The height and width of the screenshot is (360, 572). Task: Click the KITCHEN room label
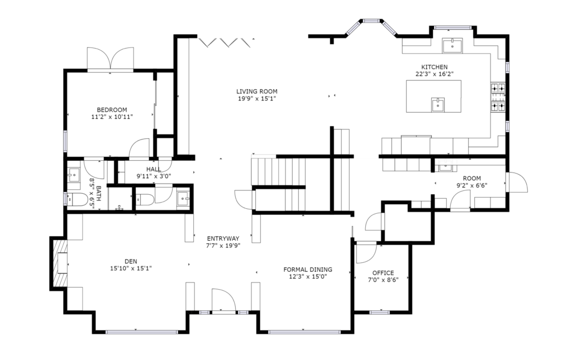pyautogui.click(x=434, y=67)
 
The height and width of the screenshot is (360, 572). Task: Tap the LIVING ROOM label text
pyautogui.click(x=256, y=92)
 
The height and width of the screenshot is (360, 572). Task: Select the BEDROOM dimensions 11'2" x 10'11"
pyautogui.click(x=112, y=117)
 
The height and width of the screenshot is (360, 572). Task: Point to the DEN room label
pyautogui.click(x=131, y=261)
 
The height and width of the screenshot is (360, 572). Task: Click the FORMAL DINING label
pyautogui.click(x=308, y=270)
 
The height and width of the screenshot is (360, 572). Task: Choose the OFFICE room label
pyautogui.click(x=383, y=273)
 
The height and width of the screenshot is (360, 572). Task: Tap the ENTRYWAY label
pyautogui.click(x=223, y=238)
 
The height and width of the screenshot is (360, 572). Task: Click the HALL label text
pyautogui.click(x=154, y=169)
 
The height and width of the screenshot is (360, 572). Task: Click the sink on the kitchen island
pyautogui.click(x=437, y=104)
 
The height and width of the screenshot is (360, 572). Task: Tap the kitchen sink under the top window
pyautogui.click(x=452, y=46)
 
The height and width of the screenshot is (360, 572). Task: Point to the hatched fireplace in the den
pyautogui.click(x=59, y=262)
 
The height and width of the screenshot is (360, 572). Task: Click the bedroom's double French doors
pyautogui.click(x=111, y=58)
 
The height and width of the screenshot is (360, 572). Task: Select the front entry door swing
pyautogui.click(x=223, y=301)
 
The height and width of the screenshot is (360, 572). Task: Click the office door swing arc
pyautogui.click(x=366, y=252)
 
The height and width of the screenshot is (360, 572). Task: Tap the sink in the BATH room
pyautogui.click(x=74, y=175)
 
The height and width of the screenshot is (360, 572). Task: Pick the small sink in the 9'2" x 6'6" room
pyautogui.click(x=445, y=167)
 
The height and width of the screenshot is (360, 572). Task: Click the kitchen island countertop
pyautogui.click(x=433, y=96)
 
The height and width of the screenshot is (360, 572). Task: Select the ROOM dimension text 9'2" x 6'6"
pyautogui.click(x=471, y=185)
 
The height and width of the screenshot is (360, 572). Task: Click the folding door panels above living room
pyautogui.click(x=226, y=42)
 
